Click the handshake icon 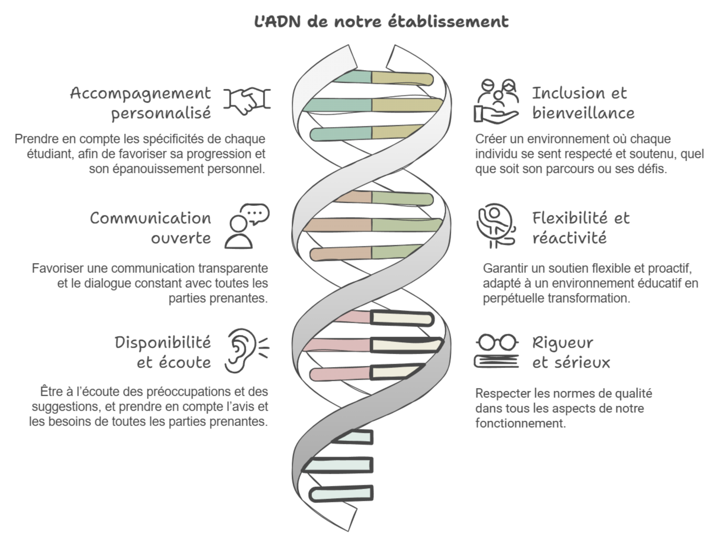247,100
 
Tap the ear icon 247,350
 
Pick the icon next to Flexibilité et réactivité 496,225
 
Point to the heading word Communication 150,218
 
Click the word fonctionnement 520,423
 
